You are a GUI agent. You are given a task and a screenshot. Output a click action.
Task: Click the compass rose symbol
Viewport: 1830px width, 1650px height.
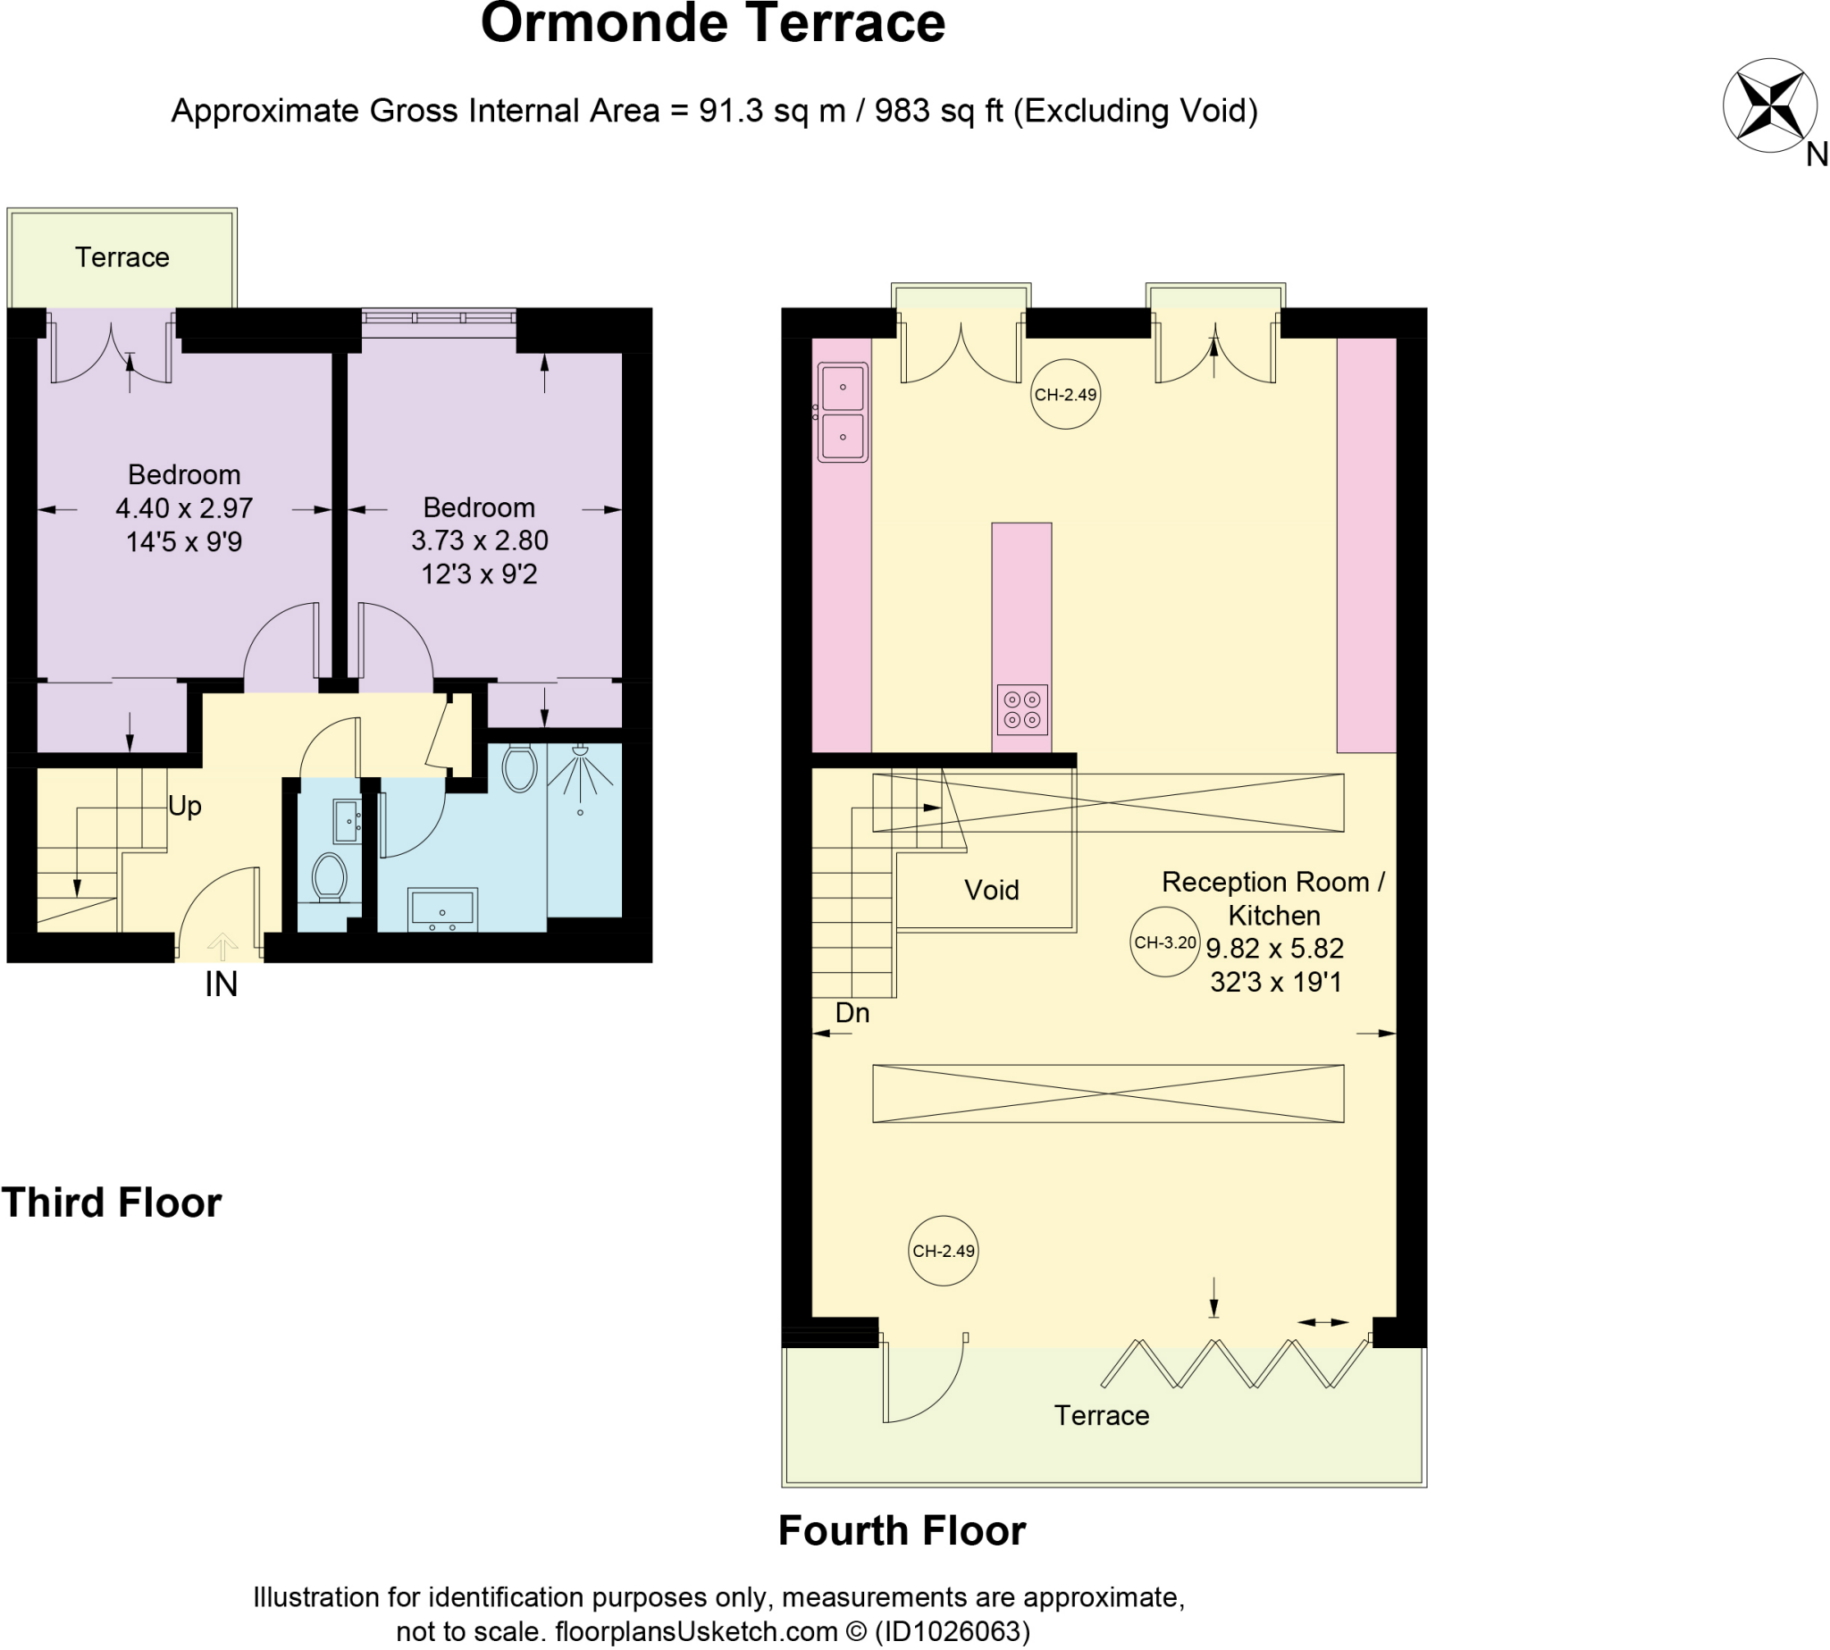pos(1768,106)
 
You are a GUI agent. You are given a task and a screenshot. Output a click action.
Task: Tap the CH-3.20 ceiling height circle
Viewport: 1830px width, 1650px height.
pos(1164,942)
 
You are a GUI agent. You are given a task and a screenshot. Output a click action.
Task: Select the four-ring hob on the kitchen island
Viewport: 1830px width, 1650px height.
pos(1022,709)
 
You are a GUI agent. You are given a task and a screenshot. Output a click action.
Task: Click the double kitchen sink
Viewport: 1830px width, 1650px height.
pos(843,413)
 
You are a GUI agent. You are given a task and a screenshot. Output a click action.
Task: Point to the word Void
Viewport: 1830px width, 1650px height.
pos(991,891)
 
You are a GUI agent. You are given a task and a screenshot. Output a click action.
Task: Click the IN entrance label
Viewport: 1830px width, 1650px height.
pos(222,984)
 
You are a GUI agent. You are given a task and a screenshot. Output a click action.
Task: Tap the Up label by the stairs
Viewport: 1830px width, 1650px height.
pos(185,806)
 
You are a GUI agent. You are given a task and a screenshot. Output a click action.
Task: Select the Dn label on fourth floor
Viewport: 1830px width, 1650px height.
pos(852,1013)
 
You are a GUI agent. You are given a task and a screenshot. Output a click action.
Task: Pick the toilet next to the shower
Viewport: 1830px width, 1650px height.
pos(519,769)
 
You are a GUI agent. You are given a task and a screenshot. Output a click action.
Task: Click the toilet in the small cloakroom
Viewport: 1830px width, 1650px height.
pos(328,877)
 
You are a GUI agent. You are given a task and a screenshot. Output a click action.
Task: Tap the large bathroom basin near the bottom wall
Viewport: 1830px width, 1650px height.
pos(442,909)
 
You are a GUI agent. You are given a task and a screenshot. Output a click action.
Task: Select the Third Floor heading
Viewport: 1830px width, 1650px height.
pos(112,1203)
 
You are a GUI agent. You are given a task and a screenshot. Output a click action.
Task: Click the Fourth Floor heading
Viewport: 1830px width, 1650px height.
pos(902,1531)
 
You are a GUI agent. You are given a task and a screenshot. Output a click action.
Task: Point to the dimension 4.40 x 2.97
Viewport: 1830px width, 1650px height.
pos(184,508)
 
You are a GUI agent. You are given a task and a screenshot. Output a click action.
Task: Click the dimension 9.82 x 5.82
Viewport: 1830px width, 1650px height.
pos(1274,949)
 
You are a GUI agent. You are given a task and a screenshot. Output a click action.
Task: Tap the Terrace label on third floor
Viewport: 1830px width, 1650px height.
pos(122,257)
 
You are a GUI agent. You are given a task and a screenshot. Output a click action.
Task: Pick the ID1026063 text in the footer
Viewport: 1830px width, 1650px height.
pos(952,1631)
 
